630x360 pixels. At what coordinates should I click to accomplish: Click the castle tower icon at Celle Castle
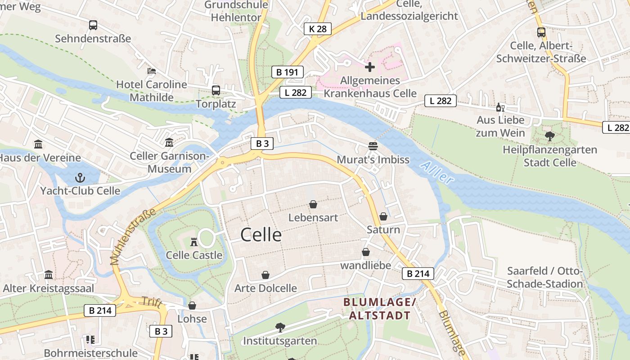tap(194, 242)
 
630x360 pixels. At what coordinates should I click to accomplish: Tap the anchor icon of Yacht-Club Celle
tap(80, 177)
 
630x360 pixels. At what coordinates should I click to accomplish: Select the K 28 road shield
tap(317, 29)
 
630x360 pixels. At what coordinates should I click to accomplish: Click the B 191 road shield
tap(288, 72)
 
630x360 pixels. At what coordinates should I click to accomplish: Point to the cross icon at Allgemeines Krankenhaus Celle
tap(370, 67)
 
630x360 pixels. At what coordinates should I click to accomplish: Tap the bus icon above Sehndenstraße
tap(93, 25)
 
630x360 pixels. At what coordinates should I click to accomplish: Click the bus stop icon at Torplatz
tap(216, 90)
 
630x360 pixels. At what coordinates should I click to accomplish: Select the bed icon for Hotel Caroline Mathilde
tap(152, 71)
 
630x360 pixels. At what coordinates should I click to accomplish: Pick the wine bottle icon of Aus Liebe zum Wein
tap(500, 107)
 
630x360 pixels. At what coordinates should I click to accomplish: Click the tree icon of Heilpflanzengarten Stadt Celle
tap(549, 136)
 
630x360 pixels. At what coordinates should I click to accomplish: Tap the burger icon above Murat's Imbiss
tap(373, 146)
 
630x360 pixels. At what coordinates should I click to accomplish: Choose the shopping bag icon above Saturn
tap(383, 216)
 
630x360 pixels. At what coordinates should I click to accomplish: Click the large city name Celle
tap(261, 234)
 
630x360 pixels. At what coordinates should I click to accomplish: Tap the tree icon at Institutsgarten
tap(280, 327)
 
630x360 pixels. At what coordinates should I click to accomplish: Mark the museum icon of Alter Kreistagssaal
tap(49, 275)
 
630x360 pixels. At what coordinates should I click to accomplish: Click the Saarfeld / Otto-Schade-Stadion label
tap(544, 277)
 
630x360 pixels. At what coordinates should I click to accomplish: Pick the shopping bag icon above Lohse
tap(192, 306)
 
